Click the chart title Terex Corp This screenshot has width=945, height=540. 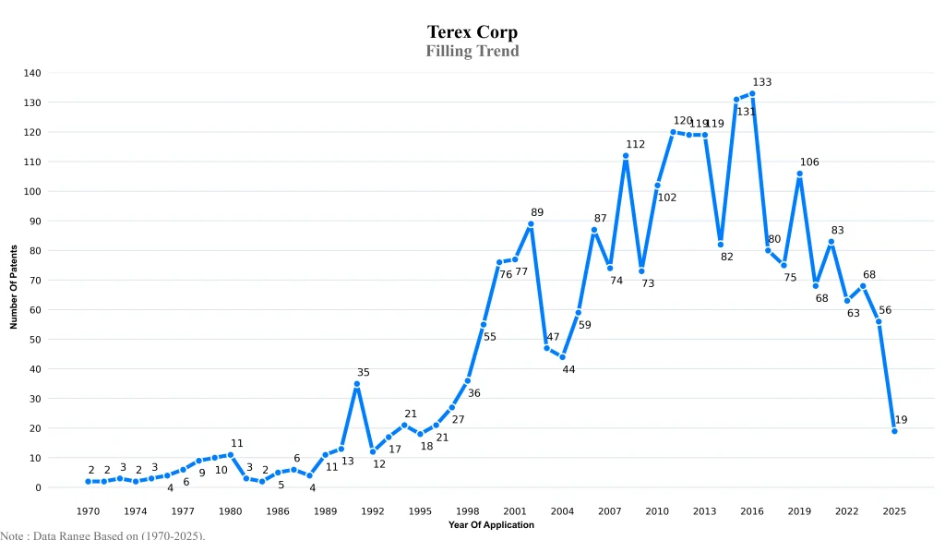tap(472, 33)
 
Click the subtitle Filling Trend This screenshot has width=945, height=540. tap(472, 51)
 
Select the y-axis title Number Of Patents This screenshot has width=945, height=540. tap(14, 287)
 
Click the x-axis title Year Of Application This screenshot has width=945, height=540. tap(491, 524)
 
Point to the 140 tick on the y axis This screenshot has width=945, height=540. tap(57, 73)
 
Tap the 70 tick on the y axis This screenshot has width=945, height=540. tap(60, 280)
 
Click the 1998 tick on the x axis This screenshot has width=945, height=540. tap(467, 510)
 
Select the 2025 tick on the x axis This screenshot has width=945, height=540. tap(894, 510)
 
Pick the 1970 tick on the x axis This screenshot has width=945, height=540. tap(88, 510)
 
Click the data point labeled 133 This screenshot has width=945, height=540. tap(752, 93)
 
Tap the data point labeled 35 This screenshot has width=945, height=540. tap(356, 384)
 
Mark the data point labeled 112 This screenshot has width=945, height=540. tap(625, 156)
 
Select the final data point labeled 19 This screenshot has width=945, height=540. tap(894, 431)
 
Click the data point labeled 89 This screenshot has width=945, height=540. tap(531, 223)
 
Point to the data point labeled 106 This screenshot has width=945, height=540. tap(799, 174)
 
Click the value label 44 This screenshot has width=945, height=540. tap(568, 369)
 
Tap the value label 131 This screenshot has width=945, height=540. tap(746, 112)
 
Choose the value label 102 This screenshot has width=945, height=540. tap(667, 198)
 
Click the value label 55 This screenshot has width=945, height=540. tap(490, 337)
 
